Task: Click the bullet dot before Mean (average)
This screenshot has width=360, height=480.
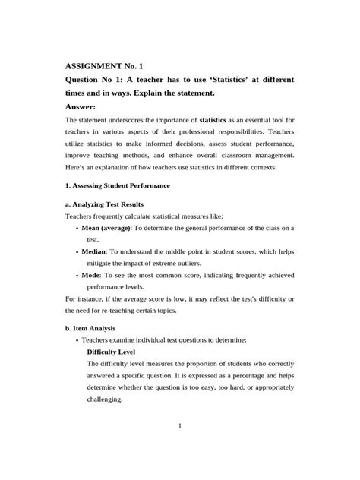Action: (x=78, y=227)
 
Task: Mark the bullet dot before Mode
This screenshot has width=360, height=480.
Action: (x=78, y=276)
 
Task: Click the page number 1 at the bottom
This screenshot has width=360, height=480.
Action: (x=180, y=425)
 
